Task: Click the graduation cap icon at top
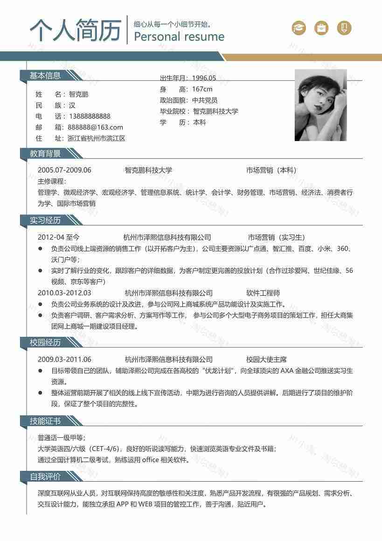coord(299,28)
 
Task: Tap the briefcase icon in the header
coord(321,28)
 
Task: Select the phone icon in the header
coord(344,28)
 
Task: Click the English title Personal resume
coord(179,37)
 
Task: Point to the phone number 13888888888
coord(90,116)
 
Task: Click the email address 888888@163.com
coord(95,127)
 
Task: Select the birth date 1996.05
coord(204,78)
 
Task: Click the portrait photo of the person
coord(320,105)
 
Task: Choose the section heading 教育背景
coord(45,153)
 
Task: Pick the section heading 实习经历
coord(45,220)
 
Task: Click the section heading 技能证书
coord(45,421)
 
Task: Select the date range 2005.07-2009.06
coord(64,170)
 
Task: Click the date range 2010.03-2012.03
coord(64,293)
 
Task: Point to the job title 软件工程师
coord(263,293)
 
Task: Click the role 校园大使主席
coord(266,359)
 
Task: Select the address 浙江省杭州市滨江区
coord(96,138)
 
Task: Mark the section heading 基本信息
coord(45,76)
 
